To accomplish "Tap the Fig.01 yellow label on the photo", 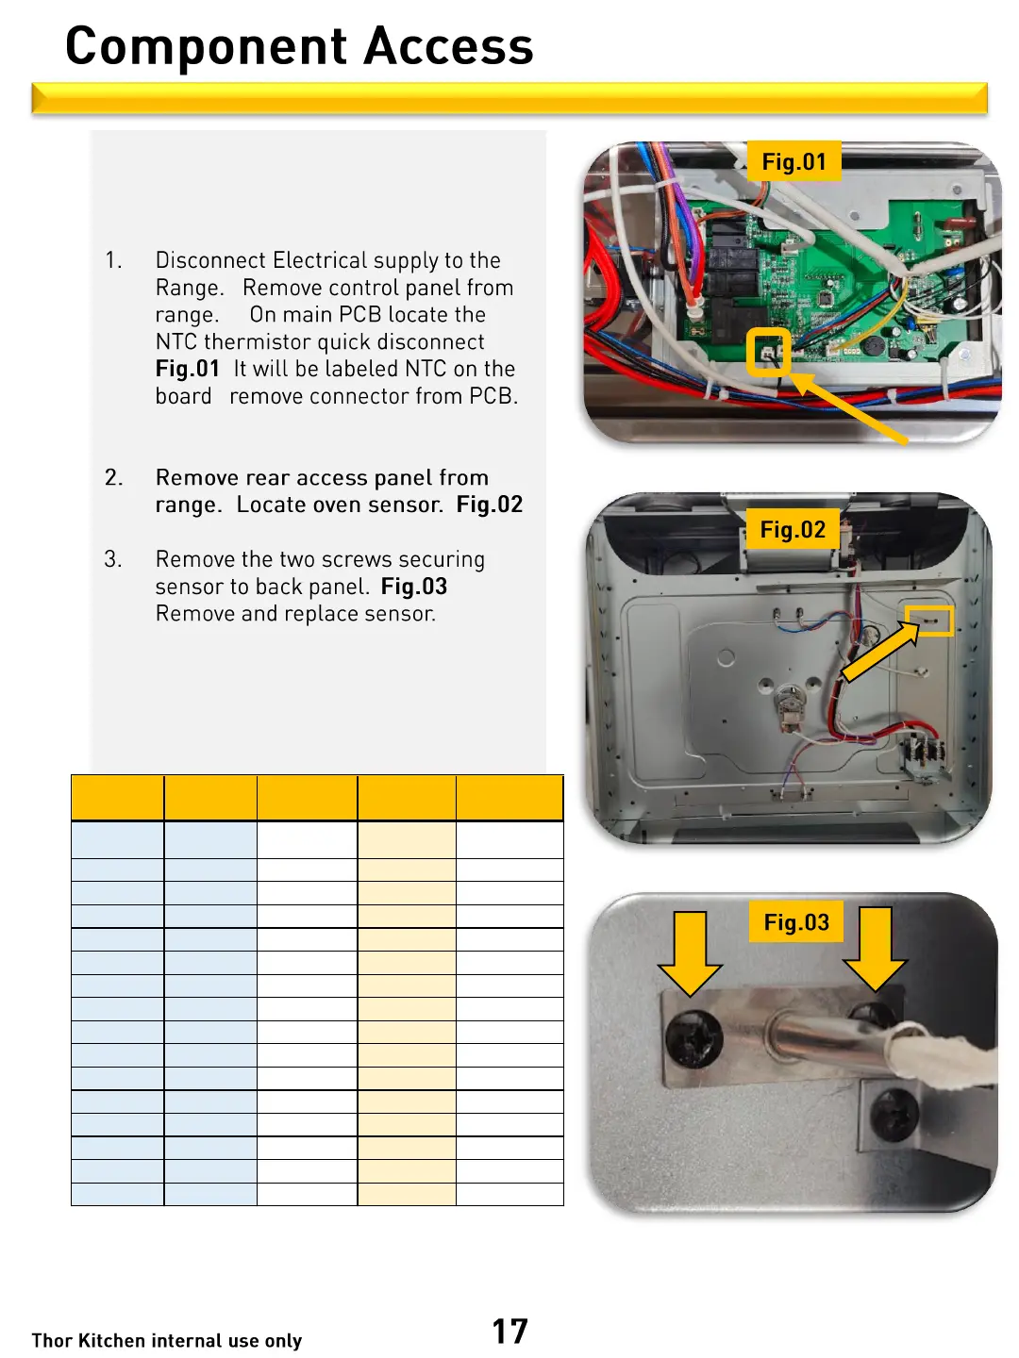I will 793,162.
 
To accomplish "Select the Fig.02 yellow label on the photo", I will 793,530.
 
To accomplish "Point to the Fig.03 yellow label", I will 796,922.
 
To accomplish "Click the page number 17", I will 509,1331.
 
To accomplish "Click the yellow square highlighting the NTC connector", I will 768,353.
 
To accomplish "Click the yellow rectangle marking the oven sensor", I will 929,621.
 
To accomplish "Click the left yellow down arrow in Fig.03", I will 691,952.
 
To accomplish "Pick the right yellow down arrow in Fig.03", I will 876,949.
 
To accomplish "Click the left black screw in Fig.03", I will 694,1040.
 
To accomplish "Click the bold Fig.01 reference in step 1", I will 188,369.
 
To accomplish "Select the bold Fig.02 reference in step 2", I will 489,505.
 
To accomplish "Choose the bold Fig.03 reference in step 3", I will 414,587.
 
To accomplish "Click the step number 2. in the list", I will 113,477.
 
